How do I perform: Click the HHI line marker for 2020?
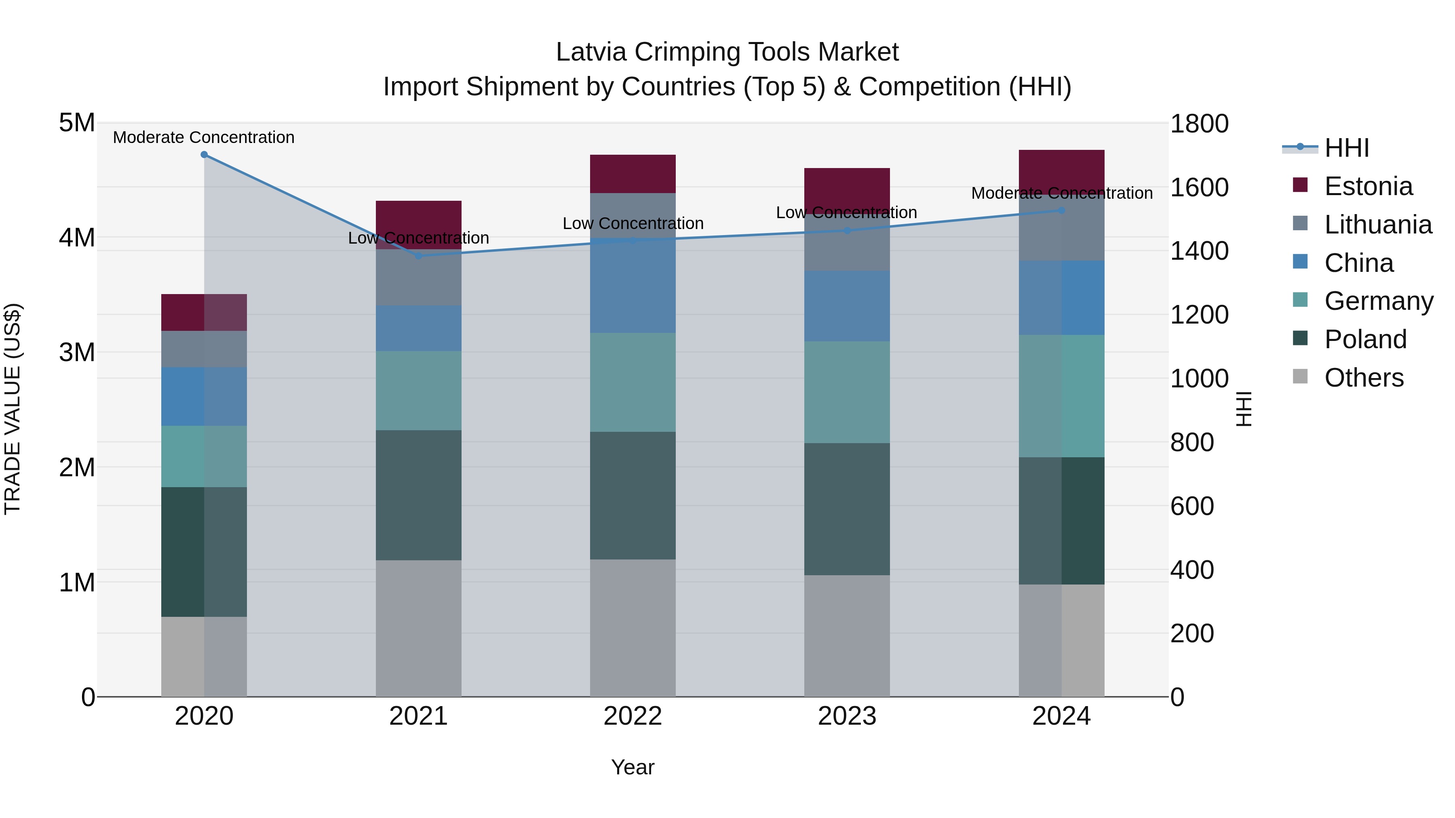[205, 155]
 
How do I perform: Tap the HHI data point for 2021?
[419, 256]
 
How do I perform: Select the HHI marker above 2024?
[1061, 210]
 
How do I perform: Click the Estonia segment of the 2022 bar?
[633, 174]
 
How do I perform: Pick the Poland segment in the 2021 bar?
[419, 495]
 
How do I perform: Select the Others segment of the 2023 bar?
[847, 636]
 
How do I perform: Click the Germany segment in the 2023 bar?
[847, 392]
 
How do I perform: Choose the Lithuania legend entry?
[1377, 225]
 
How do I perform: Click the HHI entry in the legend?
[1347, 148]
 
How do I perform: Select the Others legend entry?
[1364, 378]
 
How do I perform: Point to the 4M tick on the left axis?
[77, 238]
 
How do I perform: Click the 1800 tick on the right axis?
[1199, 124]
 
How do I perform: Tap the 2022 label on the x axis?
[633, 716]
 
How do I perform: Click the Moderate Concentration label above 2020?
[204, 137]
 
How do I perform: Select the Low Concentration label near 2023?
[846, 213]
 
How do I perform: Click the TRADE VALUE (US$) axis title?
[13, 409]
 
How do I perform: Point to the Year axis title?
[633, 767]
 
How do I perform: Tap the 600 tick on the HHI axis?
[1192, 507]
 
